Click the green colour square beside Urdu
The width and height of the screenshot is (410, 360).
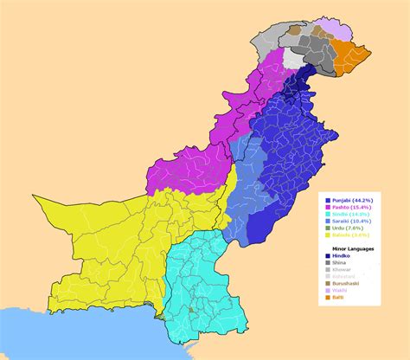pyautogui.click(x=327, y=228)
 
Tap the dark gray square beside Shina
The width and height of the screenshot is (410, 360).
pyautogui.click(x=327, y=261)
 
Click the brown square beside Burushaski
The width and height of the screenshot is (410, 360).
pyautogui.click(x=327, y=282)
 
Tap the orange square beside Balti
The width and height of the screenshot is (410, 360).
pyautogui.click(x=327, y=296)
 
